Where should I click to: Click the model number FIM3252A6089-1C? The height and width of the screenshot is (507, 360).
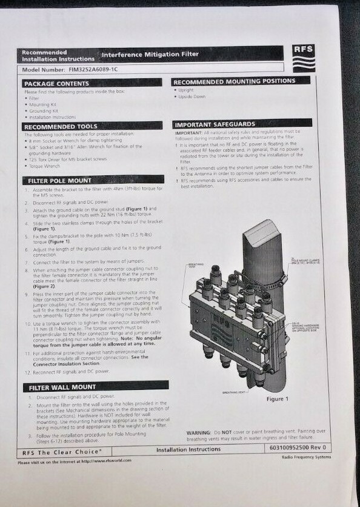79,70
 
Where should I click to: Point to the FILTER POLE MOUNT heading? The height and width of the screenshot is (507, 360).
60,181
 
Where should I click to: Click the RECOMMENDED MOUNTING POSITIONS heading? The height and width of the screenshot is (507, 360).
235,81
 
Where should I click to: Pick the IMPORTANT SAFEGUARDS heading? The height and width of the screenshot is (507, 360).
215,124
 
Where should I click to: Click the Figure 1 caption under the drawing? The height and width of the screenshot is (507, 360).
277,399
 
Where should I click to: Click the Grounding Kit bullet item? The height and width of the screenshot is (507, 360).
42,110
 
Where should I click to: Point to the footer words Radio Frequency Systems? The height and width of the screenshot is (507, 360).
307,457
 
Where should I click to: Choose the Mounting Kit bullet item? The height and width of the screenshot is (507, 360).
41,104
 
